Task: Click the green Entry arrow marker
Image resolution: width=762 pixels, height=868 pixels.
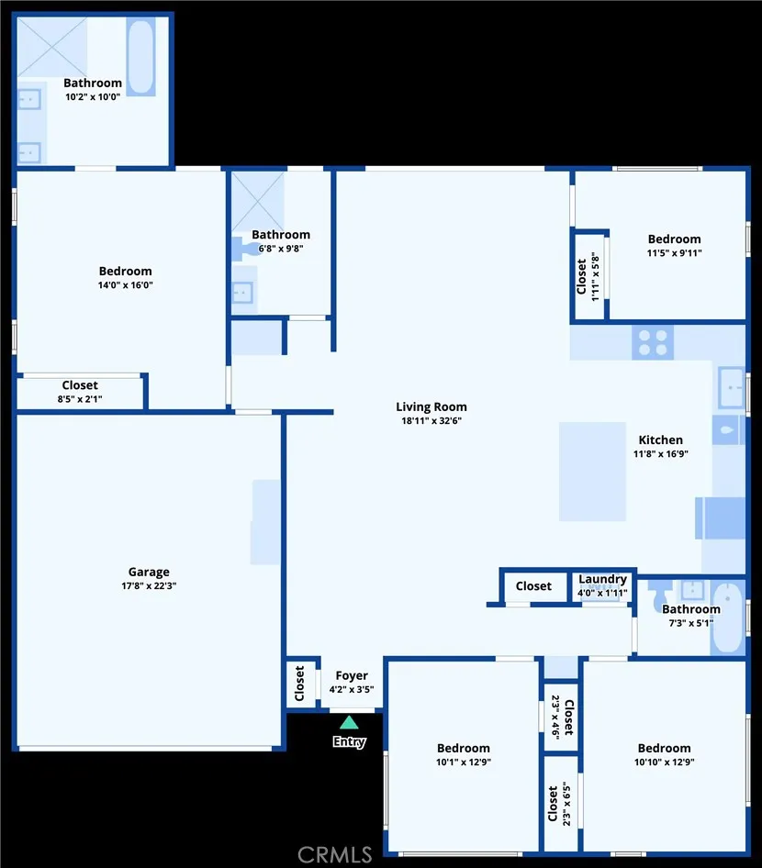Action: coord(349,722)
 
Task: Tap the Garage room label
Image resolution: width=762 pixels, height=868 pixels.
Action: coord(149,572)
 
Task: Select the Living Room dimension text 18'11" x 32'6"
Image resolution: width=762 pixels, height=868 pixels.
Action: coord(431,421)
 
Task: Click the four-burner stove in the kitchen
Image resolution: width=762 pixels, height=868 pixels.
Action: coord(653,342)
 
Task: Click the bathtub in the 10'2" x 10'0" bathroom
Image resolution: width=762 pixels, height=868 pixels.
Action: coord(140,57)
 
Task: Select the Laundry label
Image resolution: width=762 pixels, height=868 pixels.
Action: coord(603,579)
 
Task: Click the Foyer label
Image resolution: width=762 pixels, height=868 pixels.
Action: coord(352,676)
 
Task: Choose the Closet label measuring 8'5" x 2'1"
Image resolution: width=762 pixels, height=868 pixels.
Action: coord(80,385)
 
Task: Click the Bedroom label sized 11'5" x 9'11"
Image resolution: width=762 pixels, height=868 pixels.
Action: coord(674,239)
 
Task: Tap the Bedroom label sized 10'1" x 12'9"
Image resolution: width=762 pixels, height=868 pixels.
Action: coord(464,748)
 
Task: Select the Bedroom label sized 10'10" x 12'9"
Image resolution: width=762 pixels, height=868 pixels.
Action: coord(665,748)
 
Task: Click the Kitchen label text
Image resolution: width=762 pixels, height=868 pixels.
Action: coord(661,440)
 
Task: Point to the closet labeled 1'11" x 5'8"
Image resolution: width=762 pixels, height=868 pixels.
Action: coord(588,276)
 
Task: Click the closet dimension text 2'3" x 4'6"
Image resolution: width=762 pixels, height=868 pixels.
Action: coord(556,717)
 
